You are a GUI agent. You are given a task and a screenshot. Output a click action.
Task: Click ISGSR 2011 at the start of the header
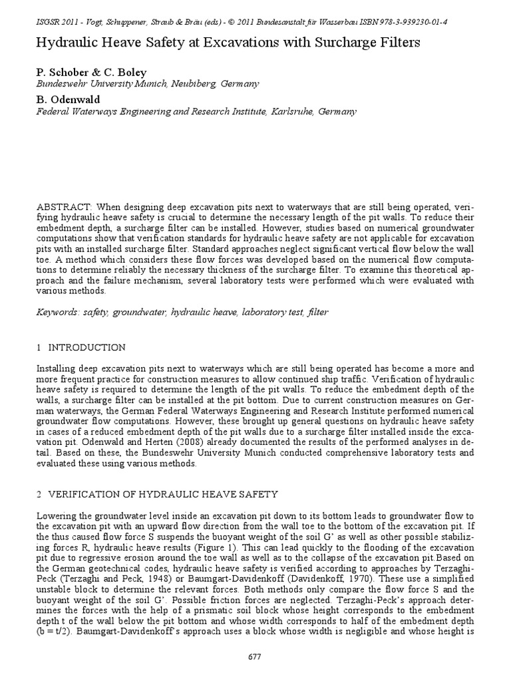click(x=58, y=22)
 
